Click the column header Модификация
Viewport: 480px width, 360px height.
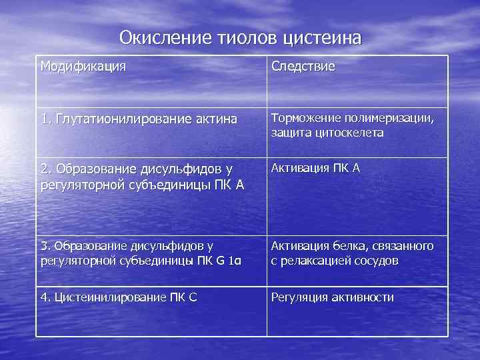[83, 67]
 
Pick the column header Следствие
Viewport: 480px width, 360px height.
[303, 67]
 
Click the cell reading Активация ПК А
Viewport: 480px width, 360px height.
[315, 168]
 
